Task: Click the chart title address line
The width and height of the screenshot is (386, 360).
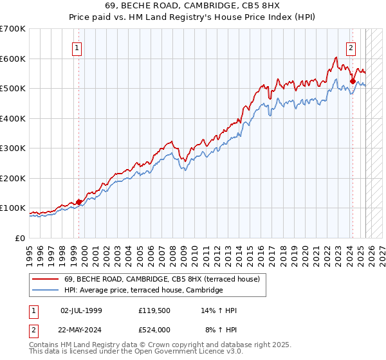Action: coord(192,6)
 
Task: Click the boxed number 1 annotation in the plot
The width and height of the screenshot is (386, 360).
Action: coord(77,48)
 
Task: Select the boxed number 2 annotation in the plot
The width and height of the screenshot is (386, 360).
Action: coord(351,48)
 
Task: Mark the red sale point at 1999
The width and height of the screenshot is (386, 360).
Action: coord(79,202)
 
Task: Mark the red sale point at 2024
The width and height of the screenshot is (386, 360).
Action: coord(353,81)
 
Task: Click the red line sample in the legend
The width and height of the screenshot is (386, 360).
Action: coord(47,279)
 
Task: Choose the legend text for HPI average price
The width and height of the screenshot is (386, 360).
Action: coord(143,290)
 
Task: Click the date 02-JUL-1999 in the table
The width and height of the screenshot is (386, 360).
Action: coord(81,310)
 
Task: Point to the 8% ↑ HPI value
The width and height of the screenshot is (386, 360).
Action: coord(221,330)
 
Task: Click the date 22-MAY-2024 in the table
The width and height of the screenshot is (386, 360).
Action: coord(81,330)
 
